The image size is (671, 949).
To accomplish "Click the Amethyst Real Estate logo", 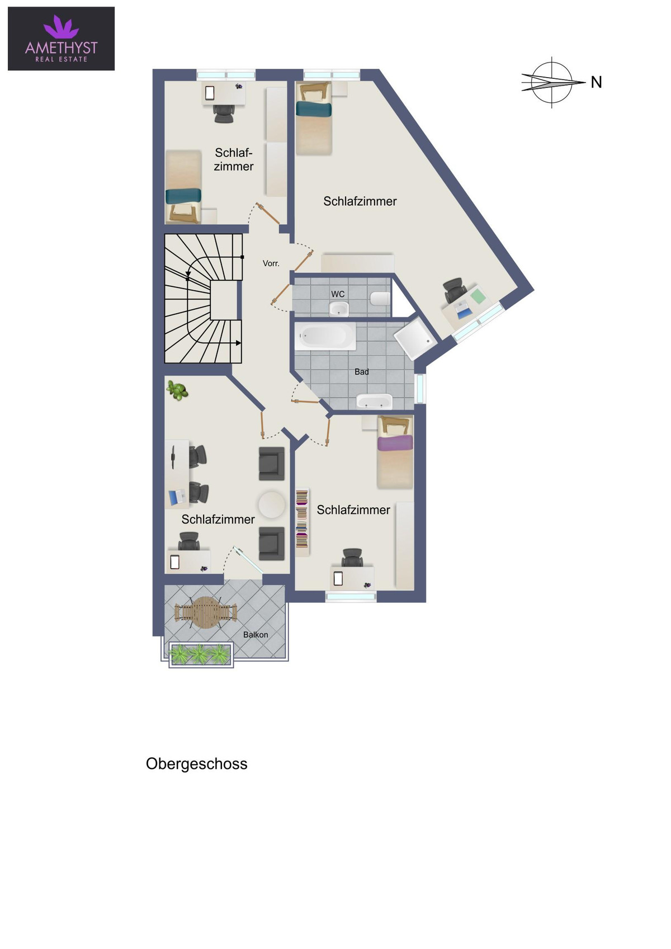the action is pos(61,38).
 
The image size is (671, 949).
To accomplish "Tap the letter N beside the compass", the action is pos(596,82).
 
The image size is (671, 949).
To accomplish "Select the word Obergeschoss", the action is pos(197,764).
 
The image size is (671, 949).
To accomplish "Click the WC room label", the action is pos(338,294).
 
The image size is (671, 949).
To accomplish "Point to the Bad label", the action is pos(361,371).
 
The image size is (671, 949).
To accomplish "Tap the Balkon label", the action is pos(256,635).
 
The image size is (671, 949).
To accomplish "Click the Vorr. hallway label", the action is pos(271,263).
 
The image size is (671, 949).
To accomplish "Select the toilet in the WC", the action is pos(380,299).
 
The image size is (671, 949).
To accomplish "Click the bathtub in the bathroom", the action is pos(326,337).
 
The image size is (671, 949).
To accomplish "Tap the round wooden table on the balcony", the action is pos(206,612).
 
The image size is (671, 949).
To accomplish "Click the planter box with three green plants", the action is pos(201,654).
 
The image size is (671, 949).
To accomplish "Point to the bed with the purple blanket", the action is pos(395,452).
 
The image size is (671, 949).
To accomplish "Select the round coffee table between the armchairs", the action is pos(272,504).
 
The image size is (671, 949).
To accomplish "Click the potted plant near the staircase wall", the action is pos(177,390).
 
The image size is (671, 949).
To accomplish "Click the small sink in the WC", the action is pos(339,309).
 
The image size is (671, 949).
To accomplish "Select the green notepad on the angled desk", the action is pos(478,295).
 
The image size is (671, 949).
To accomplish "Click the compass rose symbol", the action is pos(551,82).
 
